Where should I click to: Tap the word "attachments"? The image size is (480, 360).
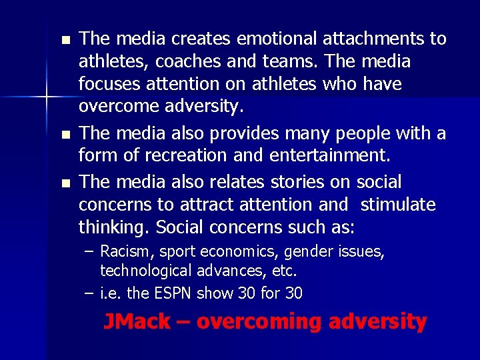[x=375, y=39]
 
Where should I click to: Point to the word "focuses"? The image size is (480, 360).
[x=107, y=85]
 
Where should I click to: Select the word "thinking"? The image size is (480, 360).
[x=114, y=227]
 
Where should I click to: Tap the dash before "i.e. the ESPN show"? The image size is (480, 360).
[x=90, y=293]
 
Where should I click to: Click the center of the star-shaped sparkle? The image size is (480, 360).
[x=46, y=98]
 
